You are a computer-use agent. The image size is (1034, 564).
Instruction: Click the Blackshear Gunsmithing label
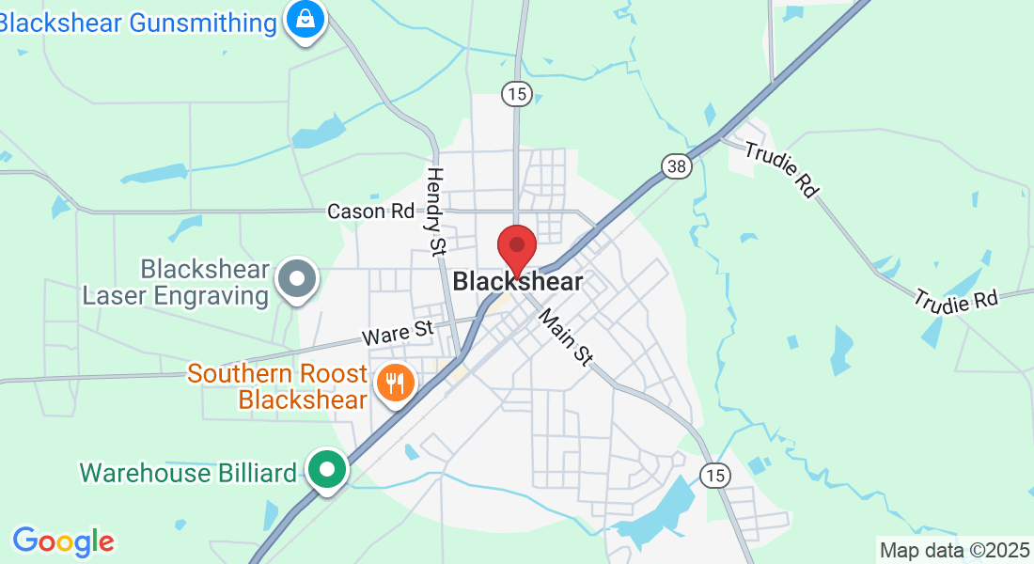tap(139, 23)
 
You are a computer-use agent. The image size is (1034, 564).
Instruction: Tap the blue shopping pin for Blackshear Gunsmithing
tap(305, 18)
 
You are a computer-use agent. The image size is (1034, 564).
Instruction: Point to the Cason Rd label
tap(370, 211)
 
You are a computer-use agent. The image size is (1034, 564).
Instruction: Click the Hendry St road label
tap(435, 211)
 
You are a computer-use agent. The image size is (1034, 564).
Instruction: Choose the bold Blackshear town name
tap(518, 281)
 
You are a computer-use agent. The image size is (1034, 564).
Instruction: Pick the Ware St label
tap(399, 331)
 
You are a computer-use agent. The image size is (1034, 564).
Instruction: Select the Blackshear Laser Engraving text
tap(176, 283)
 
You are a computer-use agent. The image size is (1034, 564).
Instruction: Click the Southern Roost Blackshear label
tap(277, 386)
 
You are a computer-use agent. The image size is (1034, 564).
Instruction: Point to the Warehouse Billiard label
tap(188, 472)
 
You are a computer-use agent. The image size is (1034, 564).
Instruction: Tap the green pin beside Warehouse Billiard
tap(327, 469)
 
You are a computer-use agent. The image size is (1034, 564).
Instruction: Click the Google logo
tap(63, 541)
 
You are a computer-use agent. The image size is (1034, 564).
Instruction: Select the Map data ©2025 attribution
tap(954, 550)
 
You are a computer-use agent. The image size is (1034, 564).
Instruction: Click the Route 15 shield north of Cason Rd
tap(517, 93)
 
